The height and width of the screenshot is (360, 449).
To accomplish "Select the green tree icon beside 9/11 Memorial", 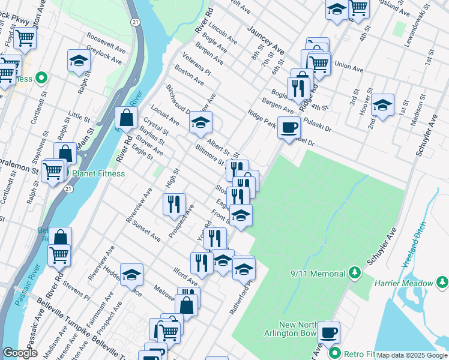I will click(355, 274).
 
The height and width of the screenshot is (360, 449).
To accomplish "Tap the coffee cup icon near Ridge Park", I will click(289, 128).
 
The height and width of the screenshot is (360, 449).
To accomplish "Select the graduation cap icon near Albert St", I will click(200, 124).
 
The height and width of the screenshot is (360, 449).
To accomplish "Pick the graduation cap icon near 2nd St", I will click(382, 104).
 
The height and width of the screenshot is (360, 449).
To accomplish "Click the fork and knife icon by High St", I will click(174, 203).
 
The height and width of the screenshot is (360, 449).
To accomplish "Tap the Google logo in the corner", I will click(20, 353).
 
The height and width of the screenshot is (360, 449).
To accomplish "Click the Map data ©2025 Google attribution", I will click(411, 355).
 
